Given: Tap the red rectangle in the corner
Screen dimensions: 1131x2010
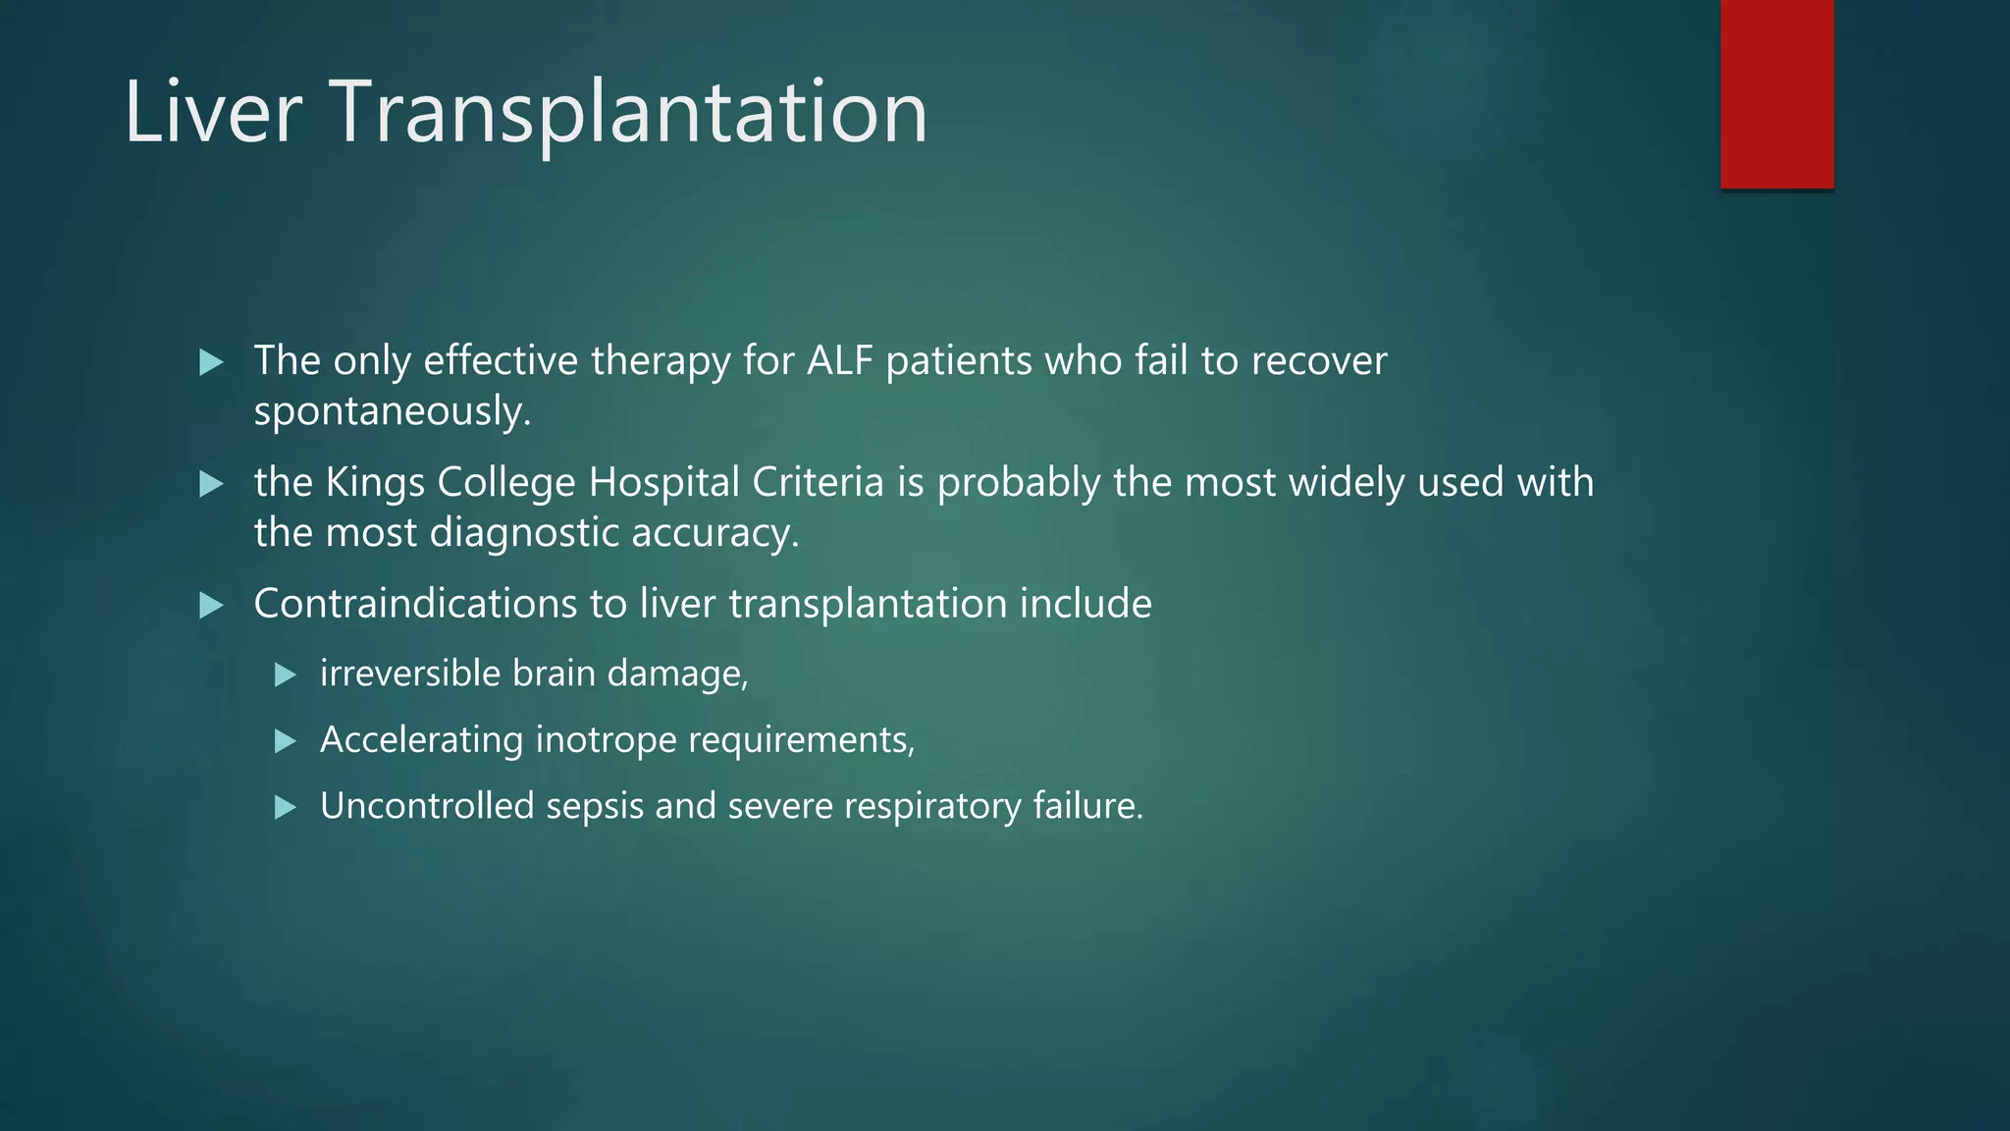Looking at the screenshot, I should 1776,94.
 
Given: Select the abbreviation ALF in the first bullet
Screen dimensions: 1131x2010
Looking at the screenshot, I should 839,361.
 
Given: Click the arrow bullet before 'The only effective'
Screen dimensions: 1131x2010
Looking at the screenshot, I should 211,363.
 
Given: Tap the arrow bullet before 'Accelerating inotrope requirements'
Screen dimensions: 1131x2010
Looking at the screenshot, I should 286,741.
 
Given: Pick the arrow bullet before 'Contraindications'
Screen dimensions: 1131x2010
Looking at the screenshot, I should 211,606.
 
